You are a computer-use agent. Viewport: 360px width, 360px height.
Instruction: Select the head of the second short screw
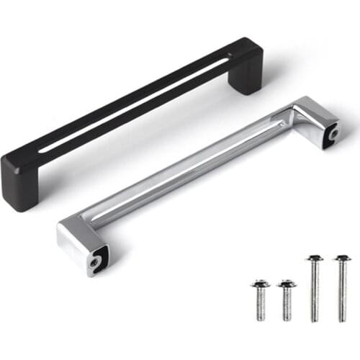point(287,284)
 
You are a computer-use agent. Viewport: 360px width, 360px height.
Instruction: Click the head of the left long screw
point(314,258)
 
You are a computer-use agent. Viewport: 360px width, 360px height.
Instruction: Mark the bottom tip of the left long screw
point(314,319)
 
